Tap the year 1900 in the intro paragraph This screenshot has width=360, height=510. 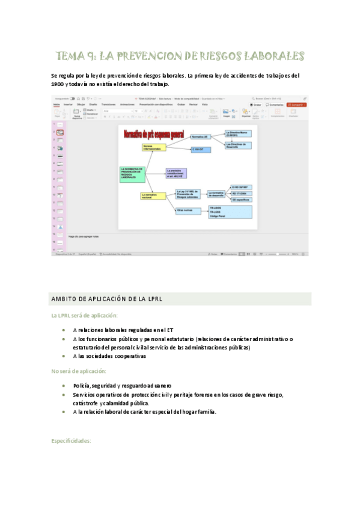[x=60, y=84]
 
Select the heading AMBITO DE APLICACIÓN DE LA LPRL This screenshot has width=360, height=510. [x=107, y=299]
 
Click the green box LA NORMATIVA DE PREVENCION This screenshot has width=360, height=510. [x=133, y=174]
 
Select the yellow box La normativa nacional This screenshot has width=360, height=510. [x=153, y=195]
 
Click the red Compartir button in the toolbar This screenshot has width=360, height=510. [x=296, y=104]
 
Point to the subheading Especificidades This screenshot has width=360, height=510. [x=71, y=441]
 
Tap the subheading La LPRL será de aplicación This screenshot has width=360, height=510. [x=84, y=315]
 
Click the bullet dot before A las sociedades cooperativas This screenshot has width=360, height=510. [x=64, y=356]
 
